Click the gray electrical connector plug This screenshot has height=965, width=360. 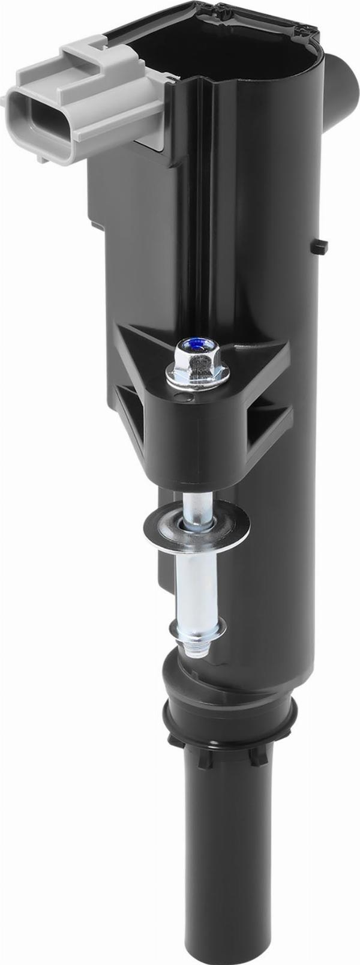pos(84,90)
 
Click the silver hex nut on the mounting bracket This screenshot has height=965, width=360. pos(198,366)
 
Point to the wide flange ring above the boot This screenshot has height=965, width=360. pos(231,720)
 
